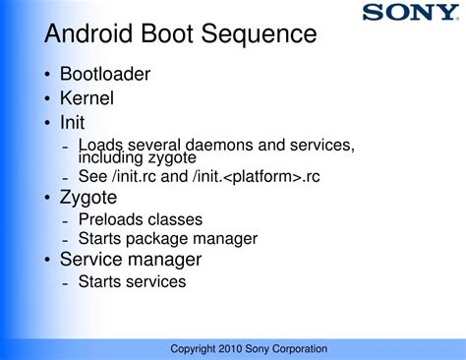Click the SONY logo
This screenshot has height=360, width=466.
pos(408,13)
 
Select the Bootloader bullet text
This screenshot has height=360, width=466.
pos(105,74)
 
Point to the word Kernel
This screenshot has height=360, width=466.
pos(87,98)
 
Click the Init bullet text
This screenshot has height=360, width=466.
pos(72,123)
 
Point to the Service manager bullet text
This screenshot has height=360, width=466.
pos(130,260)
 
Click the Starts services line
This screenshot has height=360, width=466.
pos(132,282)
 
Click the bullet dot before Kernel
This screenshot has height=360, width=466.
pos(48,99)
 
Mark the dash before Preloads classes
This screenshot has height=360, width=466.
pos(65,220)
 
